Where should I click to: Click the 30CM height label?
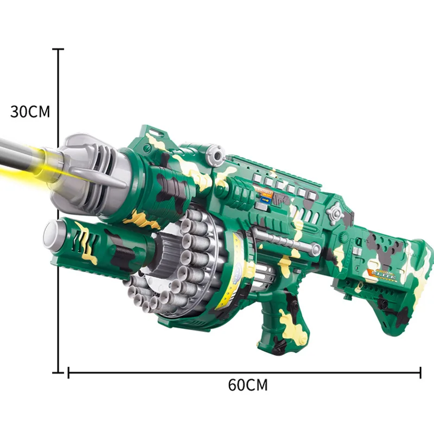[30, 112]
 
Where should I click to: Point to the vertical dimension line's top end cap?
[58, 49]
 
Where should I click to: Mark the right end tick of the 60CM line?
[420, 372]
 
